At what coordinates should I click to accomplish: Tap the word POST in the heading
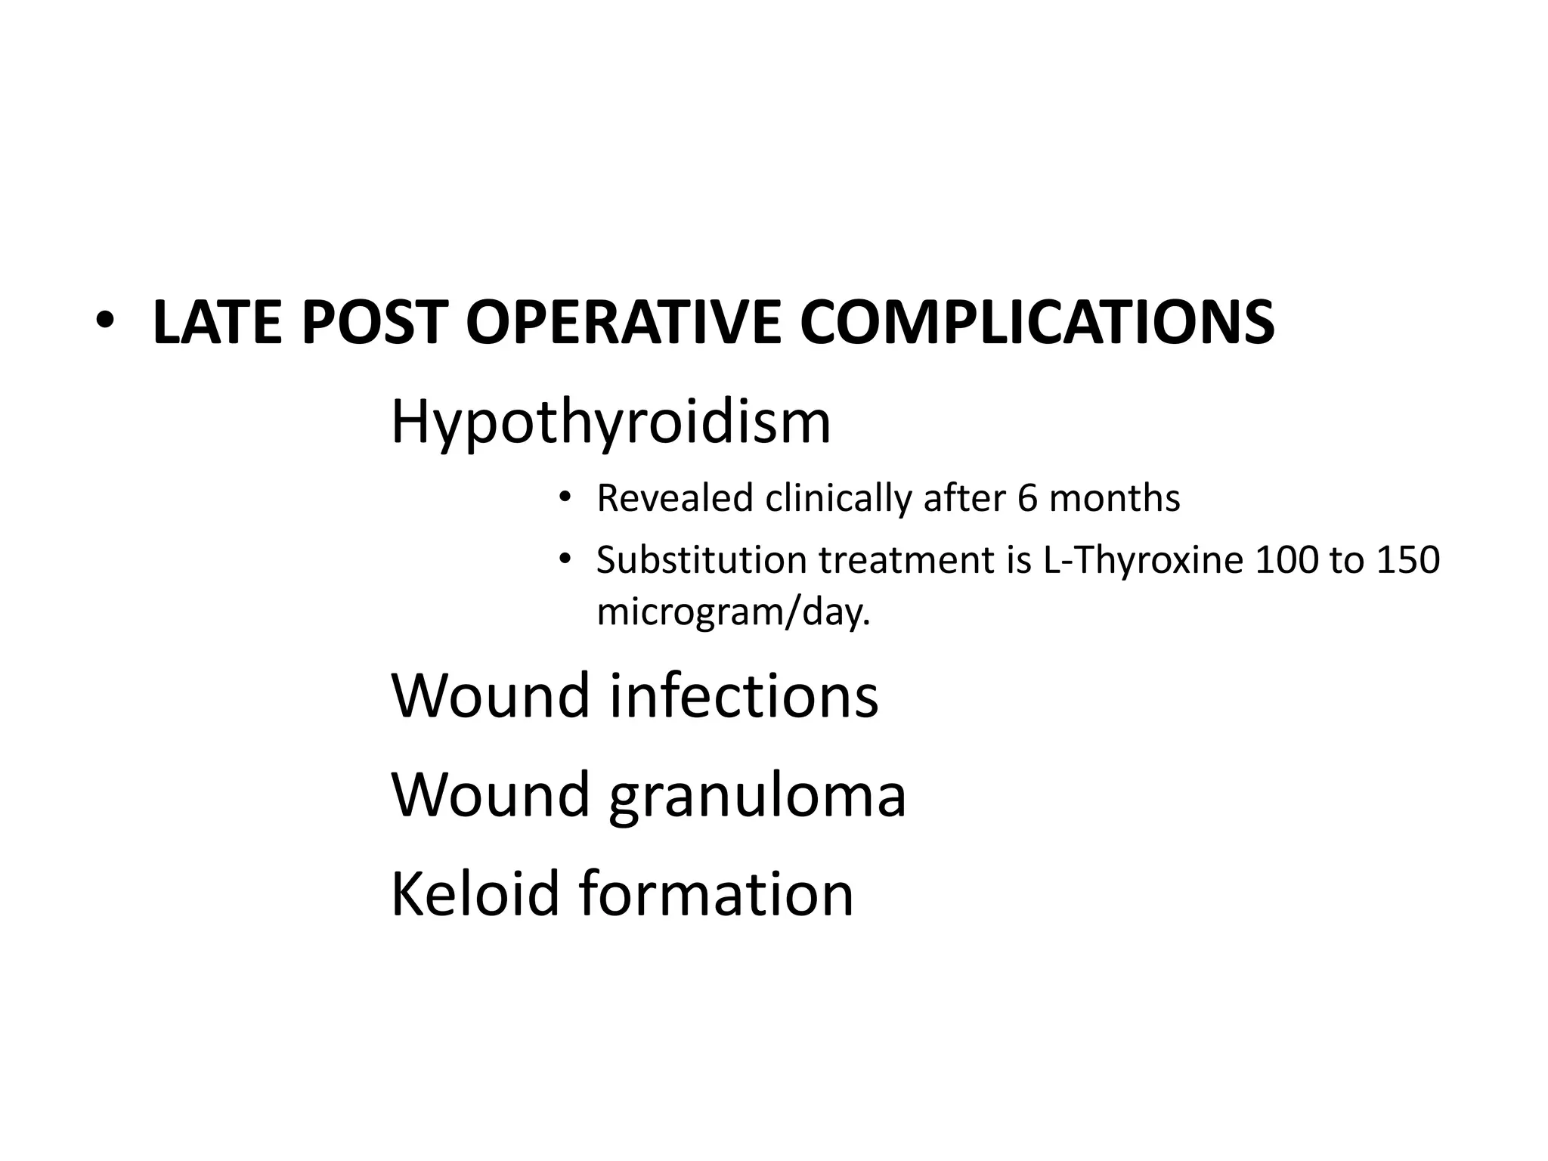pos(374,323)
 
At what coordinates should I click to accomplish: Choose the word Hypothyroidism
pos(611,423)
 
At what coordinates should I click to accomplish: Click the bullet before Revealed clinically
pos(564,497)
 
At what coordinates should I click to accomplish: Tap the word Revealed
pos(675,498)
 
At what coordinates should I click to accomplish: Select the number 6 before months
pos(1027,498)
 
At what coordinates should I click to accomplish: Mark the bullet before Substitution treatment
pos(564,559)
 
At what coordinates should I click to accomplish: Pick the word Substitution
pos(701,560)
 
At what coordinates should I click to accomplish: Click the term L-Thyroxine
pos(1143,560)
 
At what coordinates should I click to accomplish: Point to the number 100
pos(1285,560)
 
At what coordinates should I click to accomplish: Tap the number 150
pos(1408,560)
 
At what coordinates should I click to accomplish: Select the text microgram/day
pos(733,611)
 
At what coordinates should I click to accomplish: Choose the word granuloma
pos(757,795)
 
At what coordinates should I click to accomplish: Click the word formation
pos(717,893)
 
